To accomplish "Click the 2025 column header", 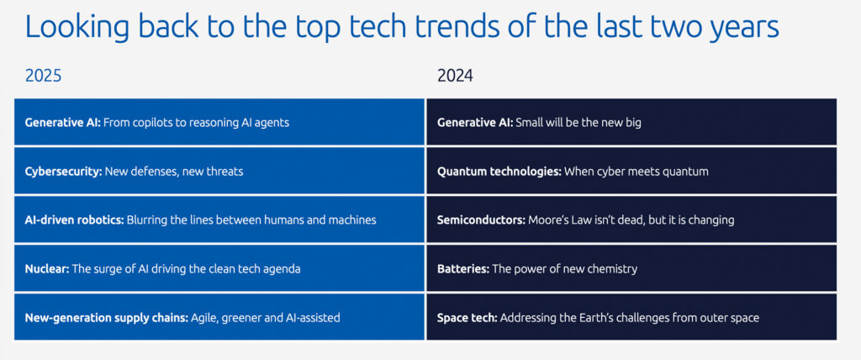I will (x=43, y=76).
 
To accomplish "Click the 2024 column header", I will (x=455, y=76).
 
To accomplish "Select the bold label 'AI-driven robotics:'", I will (x=74, y=220).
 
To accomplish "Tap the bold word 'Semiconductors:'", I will (x=481, y=220).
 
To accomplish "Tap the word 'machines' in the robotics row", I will (x=350, y=220).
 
